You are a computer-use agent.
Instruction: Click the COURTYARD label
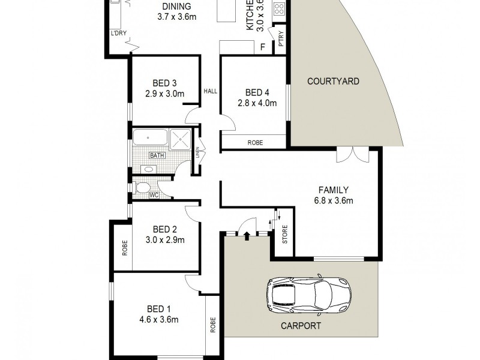pos(333,81)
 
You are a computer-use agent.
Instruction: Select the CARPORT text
pos(301,326)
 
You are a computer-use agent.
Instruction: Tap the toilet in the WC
pos(143,188)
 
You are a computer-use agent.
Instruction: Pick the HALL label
pos(210,91)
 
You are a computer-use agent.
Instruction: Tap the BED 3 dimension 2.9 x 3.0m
pos(164,94)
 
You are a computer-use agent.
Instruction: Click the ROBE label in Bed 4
pos(254,143)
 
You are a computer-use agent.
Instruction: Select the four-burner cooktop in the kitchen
pos(280,9)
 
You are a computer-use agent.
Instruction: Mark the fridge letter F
pos(262,46)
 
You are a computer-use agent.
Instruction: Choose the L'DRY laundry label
pos(118,34)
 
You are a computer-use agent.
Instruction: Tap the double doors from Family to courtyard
pos(350,155)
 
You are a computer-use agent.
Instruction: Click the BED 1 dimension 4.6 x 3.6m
pos(158,320)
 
